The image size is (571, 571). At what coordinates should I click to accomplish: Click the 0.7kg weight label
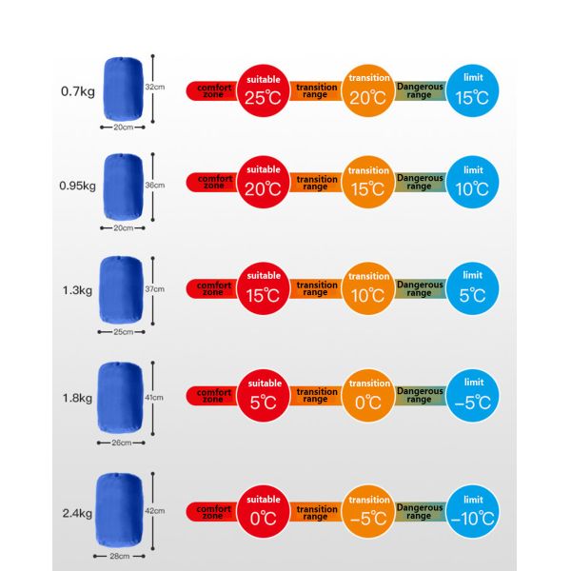click(78, 91)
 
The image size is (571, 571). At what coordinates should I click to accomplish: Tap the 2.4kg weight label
click(77, 513)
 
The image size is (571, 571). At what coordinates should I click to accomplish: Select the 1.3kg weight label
click(77, 290)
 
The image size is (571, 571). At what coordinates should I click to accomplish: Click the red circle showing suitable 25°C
click(264, 90)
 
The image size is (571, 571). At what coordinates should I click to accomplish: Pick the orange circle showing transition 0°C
click(368, 396)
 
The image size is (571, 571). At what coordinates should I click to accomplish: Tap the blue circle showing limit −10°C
click(472, 511)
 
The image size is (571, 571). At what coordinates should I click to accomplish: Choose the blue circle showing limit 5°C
click(472, 288)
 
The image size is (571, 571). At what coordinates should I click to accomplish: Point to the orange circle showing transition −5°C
click(368, 511)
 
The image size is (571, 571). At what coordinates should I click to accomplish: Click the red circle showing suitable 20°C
click(264, 182)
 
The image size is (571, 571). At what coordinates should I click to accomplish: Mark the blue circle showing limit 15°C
click(472, 90)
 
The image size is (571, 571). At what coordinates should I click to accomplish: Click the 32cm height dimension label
click(155, 87)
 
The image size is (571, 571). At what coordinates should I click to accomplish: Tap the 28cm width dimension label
click(120, 556)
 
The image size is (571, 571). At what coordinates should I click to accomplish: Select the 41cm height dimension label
click(154, 398)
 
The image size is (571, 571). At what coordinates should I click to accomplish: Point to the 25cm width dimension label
click(123, 332)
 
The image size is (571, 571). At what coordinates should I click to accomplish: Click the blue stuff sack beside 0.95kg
click(123, 187)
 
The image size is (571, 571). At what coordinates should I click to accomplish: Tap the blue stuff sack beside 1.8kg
click(120, 397)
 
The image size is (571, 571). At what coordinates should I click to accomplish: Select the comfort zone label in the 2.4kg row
click(213, 512)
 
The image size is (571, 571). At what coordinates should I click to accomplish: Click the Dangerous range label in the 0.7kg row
click(420, 90)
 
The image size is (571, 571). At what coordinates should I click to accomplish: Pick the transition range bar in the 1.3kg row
click(316, 288)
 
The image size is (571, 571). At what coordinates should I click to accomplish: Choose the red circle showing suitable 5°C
click(264, 396)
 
